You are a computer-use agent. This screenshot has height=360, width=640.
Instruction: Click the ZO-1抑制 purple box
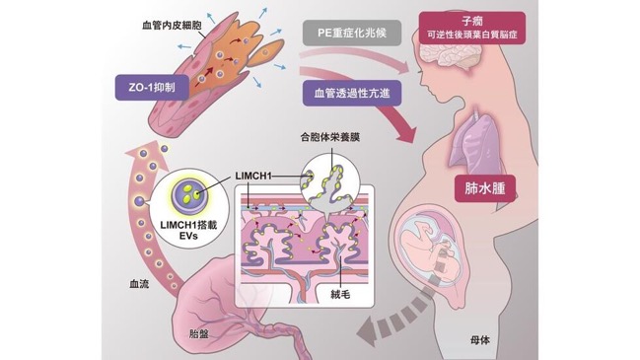[152, 88]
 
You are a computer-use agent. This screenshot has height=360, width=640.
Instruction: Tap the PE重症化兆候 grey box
[352, 33]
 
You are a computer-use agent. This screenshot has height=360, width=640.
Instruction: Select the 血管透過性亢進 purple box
[352, 93]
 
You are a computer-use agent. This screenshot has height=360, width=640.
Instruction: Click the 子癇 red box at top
[472, 28]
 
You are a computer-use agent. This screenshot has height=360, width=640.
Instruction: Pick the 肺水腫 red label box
[485, 188]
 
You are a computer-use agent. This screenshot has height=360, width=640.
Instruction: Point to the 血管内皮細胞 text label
[172, 26]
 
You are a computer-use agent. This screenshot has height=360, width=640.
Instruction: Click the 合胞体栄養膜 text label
[330, 137]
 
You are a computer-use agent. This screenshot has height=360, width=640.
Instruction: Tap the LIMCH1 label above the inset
[253, 176]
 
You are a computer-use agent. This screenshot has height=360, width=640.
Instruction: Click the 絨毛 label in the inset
[340, 294]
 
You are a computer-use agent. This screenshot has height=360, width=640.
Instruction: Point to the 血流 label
[139, 284]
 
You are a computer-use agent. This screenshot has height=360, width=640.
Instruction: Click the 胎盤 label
[199, 334]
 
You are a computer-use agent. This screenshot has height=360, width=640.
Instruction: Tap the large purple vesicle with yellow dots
[189, 194]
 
